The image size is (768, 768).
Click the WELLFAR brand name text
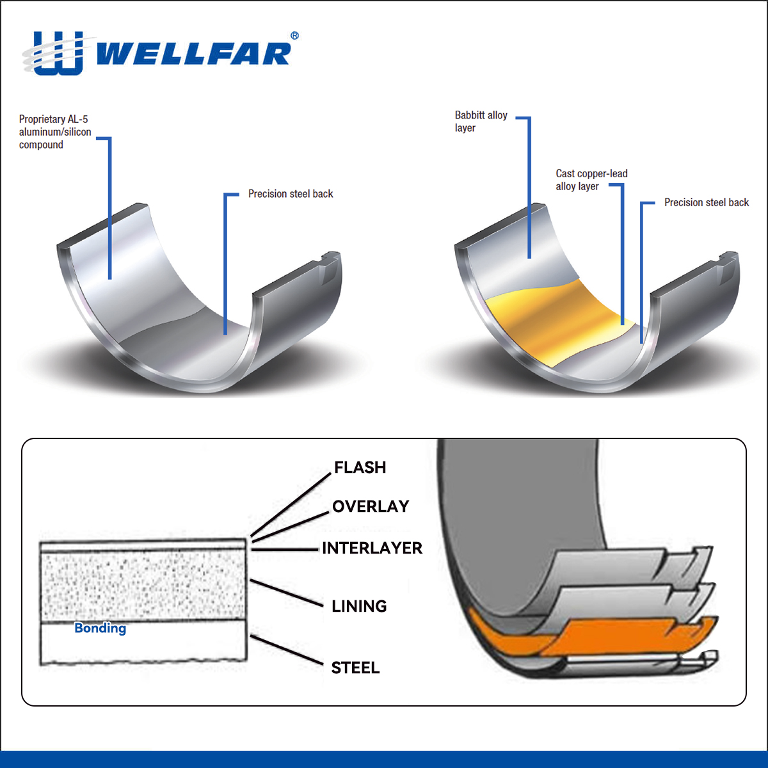coord(193,54)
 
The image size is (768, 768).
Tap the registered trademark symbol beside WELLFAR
coord(294,36)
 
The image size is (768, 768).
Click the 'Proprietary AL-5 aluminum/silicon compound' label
coord(55,132)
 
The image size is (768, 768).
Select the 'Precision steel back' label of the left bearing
coord(291,194)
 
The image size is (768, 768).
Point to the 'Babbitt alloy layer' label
coord(481,122)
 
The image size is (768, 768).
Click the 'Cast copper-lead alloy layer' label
coord(591,180)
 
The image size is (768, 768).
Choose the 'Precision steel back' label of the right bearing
coord(706,202)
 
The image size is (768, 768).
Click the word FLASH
coord(360,467)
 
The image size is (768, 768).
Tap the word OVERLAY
coord(371,506)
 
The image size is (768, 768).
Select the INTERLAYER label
coord(372,548)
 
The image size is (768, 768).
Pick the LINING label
coord(359,606)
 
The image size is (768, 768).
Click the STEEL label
coord(355,668)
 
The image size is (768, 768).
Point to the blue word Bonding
coord(100,628)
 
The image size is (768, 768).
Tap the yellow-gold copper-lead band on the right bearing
coord(558,319)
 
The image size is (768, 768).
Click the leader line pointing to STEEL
coord(286,650)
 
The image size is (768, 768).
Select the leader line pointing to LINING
coord(286,593)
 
